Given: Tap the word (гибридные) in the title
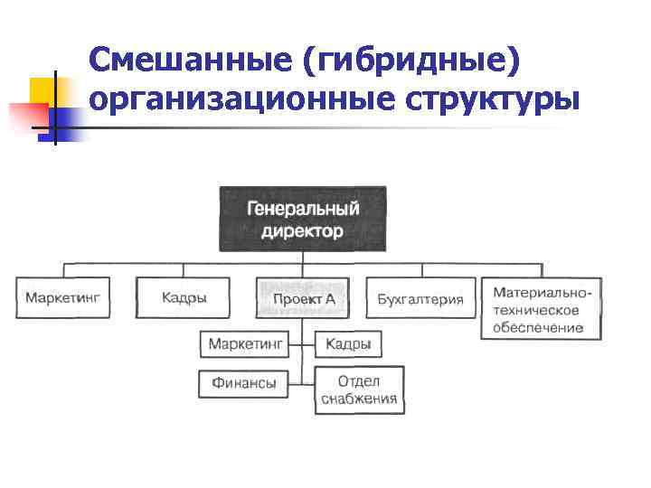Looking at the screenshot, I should click(416, 61).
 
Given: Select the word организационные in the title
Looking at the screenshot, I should click(240, 101).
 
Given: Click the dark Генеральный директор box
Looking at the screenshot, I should click(303, 220).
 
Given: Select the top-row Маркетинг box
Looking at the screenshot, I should click(63, 298).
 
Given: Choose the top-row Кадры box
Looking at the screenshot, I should click(184, 298).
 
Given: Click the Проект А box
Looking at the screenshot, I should click(303, 298).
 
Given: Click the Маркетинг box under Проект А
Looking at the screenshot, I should click(247, 344).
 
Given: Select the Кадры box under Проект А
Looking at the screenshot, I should click(348, 344).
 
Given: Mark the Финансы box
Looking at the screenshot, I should click(244, 383).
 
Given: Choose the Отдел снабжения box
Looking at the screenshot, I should click(359, 390).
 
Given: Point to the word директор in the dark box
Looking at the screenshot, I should click(303, 231).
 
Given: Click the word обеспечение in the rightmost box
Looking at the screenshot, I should click(538, 327).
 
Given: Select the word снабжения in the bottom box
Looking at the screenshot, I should click(359, 399).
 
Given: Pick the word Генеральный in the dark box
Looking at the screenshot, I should click(303, 209).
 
